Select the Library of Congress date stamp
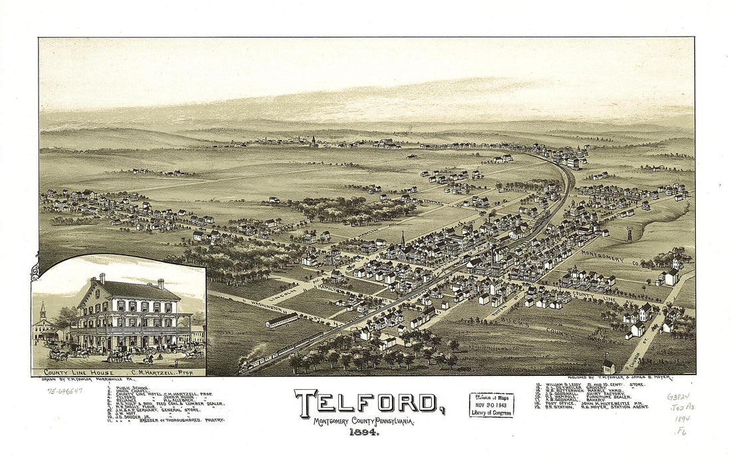tap(491, 404)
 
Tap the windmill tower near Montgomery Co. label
tap(629, 233)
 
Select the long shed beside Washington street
tap(281, 321)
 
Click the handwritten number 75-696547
tap(65, 391)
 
